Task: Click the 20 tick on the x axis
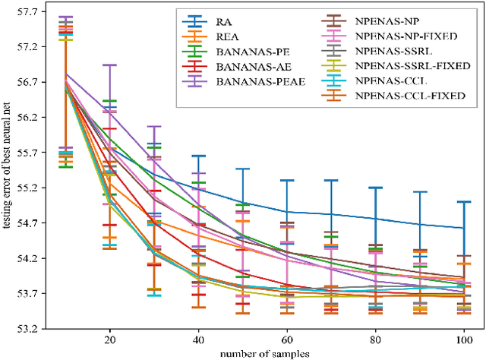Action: point(110,340)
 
